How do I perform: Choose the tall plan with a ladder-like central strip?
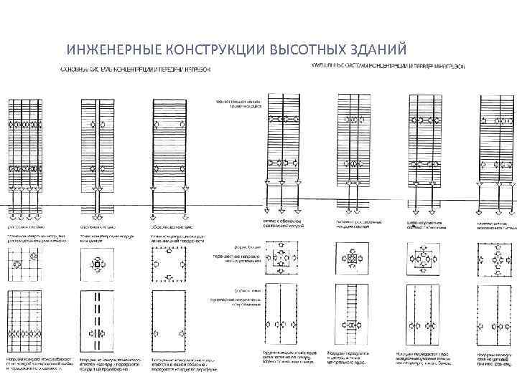click(x=352, y=315)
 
